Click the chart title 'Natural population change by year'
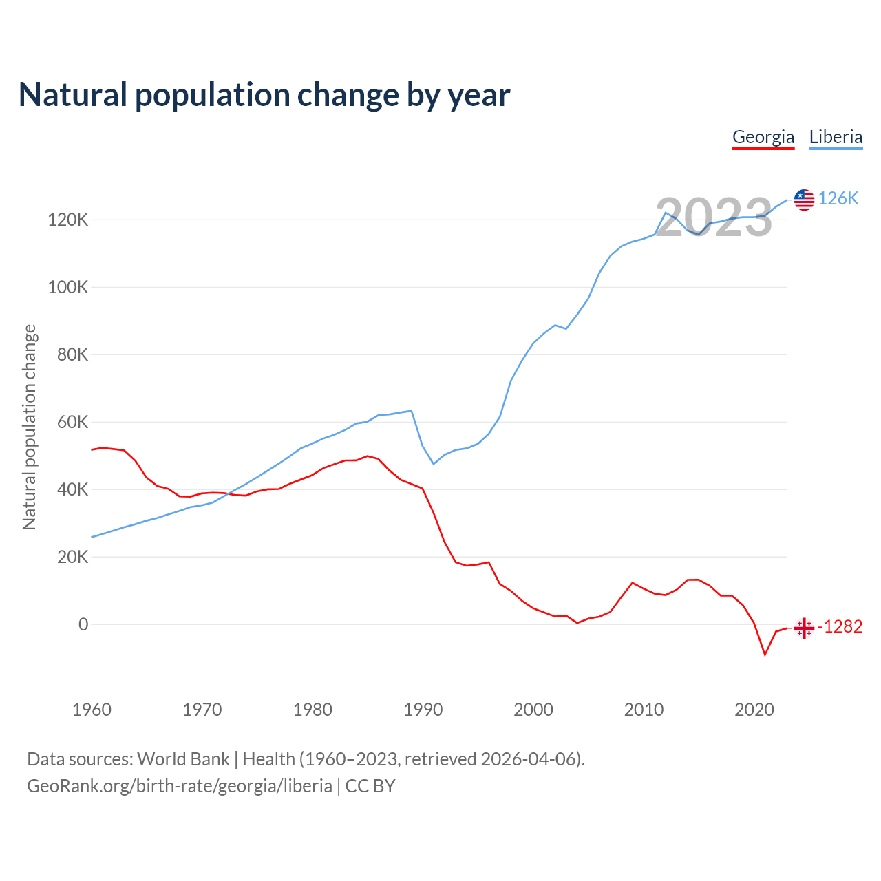tap(264, 95)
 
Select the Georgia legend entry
tap(763, 137)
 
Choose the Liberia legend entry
tap(836, 137)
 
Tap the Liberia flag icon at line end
tap(804, 200)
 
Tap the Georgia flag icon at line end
tap(804, 628)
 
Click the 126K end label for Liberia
tap(838, 199)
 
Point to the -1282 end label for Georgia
tap(840, 627)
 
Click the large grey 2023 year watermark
tap(713, 217)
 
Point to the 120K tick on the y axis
tap(68, 220)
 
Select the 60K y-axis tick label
tap(73, 423)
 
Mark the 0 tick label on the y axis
tap(83, 625)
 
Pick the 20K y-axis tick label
tap(73, 558)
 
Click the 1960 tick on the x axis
tap(92, 710)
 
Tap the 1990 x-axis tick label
tap(423, 710)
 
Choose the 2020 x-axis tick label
tap(754, 710)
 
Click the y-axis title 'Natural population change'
tap(30, 427)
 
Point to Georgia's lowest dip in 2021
tap(765, 655)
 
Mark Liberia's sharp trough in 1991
tap(434, 464)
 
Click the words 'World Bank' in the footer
tap(183, 759)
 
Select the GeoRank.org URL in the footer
tap(180, 786)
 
